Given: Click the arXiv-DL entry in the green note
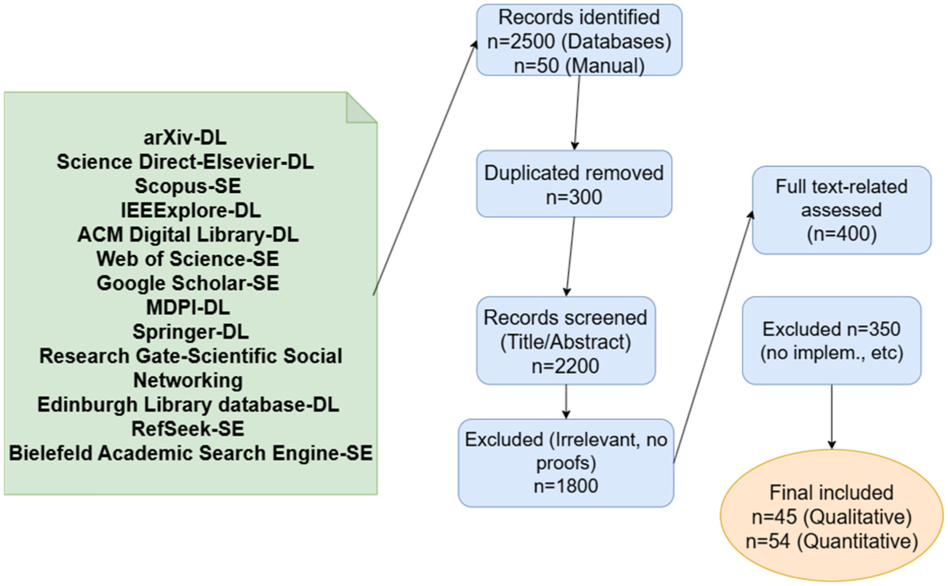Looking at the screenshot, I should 185,137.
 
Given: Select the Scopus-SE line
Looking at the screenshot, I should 188,186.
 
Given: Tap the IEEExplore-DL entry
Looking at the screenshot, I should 191,210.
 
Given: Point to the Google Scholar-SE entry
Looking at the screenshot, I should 188,283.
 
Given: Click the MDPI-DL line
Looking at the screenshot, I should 188,308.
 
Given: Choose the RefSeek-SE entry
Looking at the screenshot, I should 188,429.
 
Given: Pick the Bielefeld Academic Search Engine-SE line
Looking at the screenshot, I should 191,453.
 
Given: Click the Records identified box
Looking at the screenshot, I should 579,40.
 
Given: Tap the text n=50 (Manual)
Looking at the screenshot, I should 579,65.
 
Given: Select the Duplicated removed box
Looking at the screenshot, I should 574,184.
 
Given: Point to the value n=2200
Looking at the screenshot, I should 565,366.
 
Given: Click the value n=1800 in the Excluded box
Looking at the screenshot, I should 565,486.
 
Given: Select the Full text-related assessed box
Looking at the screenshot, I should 841,210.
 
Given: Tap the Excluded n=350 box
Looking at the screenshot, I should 831,340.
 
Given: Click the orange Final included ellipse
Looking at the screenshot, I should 831,515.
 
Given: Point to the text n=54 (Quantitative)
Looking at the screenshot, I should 831,541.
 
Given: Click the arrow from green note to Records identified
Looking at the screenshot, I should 426,168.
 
